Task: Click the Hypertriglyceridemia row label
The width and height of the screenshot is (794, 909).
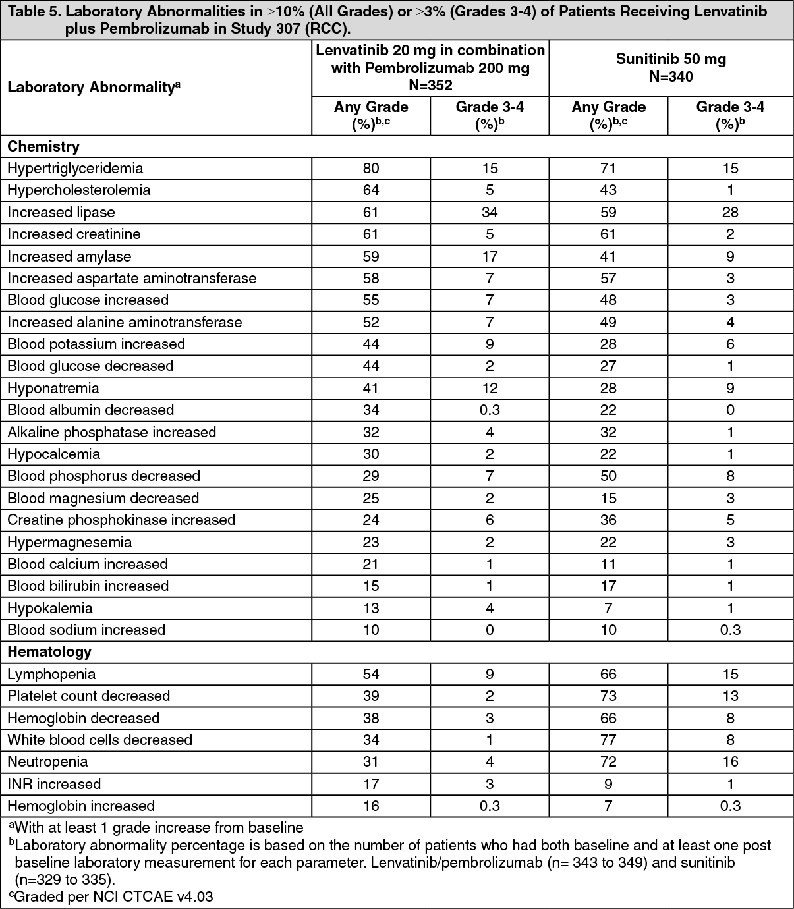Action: [75, 168]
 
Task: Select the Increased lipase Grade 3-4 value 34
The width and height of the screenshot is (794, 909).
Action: [489, 212]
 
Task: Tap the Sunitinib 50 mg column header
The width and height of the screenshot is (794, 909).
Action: [671, 59]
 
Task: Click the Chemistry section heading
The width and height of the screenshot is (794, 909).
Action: [43, 146]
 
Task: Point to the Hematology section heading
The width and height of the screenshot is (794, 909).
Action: [49, 651]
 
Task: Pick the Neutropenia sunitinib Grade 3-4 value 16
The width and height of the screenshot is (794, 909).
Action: [730, 761]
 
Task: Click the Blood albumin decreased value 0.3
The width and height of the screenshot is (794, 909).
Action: [489, 410]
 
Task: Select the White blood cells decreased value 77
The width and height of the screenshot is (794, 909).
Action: [608, 740]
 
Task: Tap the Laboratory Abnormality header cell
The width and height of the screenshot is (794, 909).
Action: [94, 87]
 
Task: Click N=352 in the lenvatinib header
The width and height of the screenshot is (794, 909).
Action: [430, 85]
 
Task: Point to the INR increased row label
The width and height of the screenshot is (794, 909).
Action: [54, 784]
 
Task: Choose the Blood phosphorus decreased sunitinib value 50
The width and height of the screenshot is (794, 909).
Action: [608, 476]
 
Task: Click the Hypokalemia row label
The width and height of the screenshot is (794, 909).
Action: [50, 608]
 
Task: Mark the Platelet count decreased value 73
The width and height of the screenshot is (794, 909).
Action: [608, 696]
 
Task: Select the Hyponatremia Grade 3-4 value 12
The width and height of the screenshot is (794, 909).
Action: [489, 388]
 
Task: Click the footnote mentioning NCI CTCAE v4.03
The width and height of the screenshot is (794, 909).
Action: [111, 896]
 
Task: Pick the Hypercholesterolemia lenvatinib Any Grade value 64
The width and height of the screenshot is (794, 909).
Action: [371, 190]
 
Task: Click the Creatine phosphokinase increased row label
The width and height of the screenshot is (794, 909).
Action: [121, 520]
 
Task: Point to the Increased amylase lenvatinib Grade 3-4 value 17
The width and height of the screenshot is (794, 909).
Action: [489, 256]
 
